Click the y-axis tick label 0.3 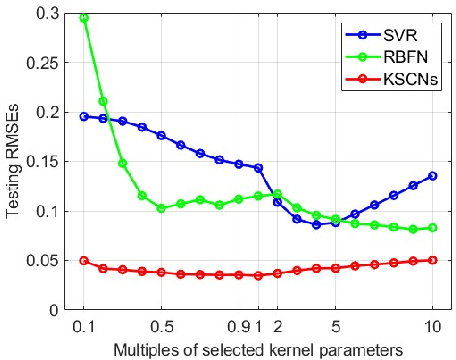[x=48, y=14]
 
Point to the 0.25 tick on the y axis [x=44, y=63]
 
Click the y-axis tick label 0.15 [x=44, y=162]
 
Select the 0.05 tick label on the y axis [x=44, y=261]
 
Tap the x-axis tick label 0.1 [x=84, y=326]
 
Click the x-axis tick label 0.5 [x=161, y=326]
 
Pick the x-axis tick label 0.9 [x=236, y=326]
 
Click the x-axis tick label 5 [x=335, y=326]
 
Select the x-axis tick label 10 [x=432, y=326]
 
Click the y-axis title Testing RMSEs [x=14, y=162]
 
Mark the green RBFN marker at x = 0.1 [x=84, y=18]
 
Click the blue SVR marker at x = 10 [x=432, y=176]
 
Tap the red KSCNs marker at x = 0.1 [x=84, y=260]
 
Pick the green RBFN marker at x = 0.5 [x=161, y=208]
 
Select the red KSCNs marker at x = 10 [x=432, y=260]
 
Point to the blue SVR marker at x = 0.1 [x=84, y=116]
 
